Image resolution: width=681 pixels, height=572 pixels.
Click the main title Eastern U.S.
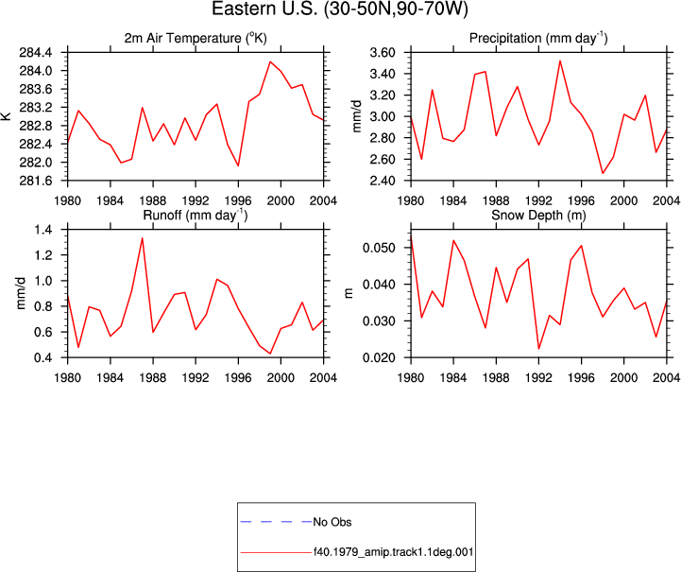[340, 9]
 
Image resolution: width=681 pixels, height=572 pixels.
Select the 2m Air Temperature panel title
[196, 38]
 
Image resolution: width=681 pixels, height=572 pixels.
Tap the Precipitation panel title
[538, 38]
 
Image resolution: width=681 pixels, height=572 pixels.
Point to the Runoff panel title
[195, 216]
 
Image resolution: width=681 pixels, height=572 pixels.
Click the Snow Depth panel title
[538, 216]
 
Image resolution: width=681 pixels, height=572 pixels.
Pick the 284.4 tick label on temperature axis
[36, 53]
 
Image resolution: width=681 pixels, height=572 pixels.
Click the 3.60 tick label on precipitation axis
[383, 53]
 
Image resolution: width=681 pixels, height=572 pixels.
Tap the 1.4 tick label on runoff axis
[43, 230]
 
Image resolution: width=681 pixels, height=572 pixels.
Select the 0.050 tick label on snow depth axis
[379, 249]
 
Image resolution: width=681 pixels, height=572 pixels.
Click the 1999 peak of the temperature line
[270, 61]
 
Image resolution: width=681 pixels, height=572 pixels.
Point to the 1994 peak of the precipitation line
[560, 61]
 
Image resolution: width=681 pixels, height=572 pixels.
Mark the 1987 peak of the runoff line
[142, 237]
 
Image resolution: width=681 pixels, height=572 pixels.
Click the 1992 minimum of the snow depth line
[538, 349]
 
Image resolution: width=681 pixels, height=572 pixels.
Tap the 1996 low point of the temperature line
[238, 165]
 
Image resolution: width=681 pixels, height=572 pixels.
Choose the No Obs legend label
[332, 522]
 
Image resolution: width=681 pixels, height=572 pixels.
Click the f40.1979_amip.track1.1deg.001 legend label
[394, 552]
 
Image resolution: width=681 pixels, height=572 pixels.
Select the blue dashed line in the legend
[276, 522]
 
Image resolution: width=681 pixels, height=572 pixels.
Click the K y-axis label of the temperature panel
[6, 116]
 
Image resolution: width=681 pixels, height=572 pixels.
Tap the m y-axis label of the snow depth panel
[349, 293]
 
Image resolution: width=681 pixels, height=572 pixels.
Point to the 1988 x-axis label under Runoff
[153, 378]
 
